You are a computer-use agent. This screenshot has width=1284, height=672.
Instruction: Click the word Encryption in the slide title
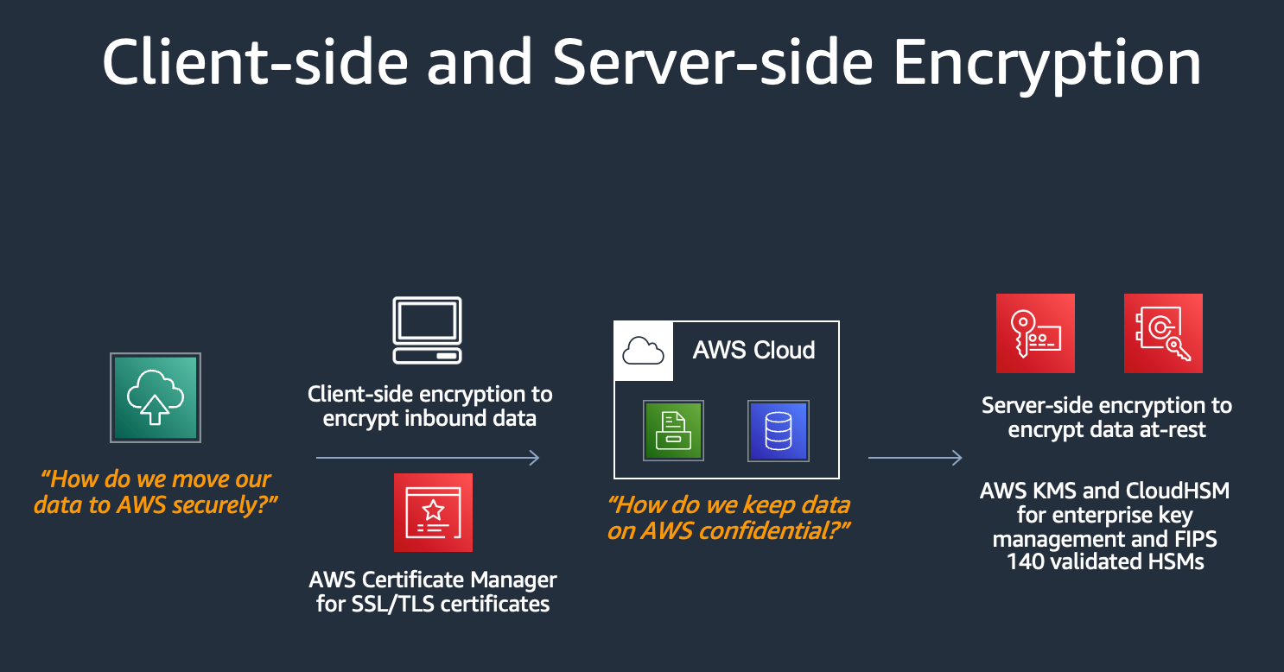tap(1046, 62)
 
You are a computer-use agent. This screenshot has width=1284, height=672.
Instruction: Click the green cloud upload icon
tap(156, 397)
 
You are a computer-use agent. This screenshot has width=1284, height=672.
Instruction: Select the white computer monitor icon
tap(427, 330)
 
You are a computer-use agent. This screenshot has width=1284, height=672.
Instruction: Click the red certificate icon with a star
tap(433, 512)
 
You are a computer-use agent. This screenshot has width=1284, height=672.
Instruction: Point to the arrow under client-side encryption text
tap(428, 458)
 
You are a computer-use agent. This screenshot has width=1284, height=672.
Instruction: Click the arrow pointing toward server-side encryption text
tap(915, 458)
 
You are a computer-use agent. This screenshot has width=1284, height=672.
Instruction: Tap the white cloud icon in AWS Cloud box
tap(643, 351)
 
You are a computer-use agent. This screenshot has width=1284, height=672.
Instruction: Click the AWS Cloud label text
tap(753, 350)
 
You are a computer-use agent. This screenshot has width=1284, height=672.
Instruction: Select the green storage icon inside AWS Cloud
tap(673, 430)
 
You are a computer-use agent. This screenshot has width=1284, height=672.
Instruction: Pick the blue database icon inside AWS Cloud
tap(778, 430)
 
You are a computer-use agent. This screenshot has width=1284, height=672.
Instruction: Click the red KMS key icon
tap(1035, 333)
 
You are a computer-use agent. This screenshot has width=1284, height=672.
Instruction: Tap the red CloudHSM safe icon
tap(1163, 333)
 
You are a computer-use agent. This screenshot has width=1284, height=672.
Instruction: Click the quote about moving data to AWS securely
tap(156, 491)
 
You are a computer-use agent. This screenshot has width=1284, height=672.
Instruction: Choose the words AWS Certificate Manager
tap(433, 580)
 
